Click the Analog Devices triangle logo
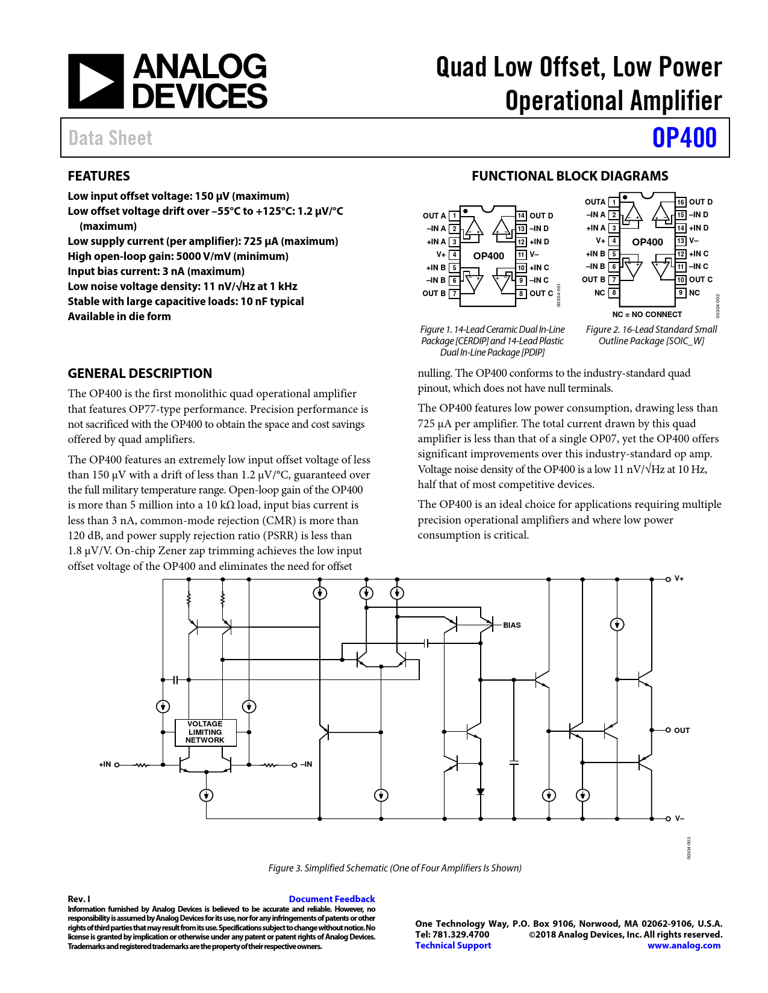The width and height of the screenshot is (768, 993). tap(96, 82)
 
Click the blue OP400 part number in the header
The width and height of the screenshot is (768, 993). tap(684, 138)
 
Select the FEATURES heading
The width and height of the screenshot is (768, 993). tap(99, 176)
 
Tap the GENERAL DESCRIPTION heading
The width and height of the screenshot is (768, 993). tap(140, 373)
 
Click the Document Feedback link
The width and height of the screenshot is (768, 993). tap(332, 899)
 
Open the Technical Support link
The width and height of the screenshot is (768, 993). tap(453, 945)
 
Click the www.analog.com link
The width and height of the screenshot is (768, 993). tap(684, 945)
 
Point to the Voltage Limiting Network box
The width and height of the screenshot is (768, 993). tap(205, 732)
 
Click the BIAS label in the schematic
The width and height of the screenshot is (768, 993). tap(512, 625)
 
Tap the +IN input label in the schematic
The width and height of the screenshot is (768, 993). tap(105, 764)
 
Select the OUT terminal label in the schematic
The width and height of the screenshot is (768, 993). tap(682, 731)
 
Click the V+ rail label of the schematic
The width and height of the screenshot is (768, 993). tap(679, 578)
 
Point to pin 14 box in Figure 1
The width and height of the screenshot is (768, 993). tap(521, 215)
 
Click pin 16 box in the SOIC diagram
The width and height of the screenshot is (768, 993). tap(681, 202)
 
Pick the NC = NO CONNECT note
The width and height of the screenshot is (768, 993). tap(647, 314)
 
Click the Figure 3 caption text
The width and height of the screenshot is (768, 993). tap(395, 868)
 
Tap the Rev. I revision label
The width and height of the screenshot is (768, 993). tap(79, 899)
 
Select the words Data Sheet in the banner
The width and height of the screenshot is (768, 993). tap(110, 138)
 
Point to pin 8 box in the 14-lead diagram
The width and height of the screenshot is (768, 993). tap(521, 294)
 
